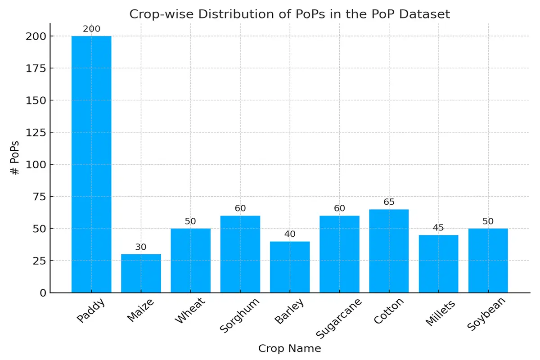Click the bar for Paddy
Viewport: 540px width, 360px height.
click(x=91, y=164)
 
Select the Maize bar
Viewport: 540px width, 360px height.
click(x=141, y=274)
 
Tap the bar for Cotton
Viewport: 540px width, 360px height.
click(x=389, y=251)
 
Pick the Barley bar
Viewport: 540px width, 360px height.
click(x=290, y=267)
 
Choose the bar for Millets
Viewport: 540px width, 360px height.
click(x=438, y=264)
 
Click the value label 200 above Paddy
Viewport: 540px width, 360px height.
click(x=91, y=29)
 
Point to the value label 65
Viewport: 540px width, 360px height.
click(x=389, y=202)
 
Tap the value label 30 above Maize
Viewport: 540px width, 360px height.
click(x=141, y=247)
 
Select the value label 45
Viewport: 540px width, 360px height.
click(x=438, y=228)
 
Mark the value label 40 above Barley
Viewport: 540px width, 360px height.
click(x=290, y=234)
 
